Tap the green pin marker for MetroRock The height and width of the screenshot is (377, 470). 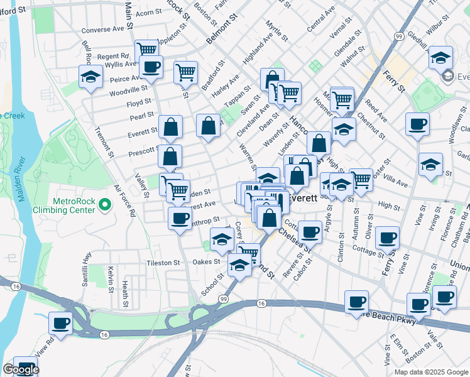click(105, 204)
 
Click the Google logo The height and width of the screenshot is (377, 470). click(21, 369)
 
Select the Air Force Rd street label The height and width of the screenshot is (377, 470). click(124, 200)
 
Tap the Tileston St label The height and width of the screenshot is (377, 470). click(163, 263)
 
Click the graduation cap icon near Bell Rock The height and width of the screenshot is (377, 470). click(90, 77)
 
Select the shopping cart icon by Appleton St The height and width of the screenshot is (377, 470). click(146, 49)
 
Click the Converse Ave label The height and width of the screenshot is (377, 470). click(103, 30)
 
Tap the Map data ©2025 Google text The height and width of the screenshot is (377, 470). click(430, 372)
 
